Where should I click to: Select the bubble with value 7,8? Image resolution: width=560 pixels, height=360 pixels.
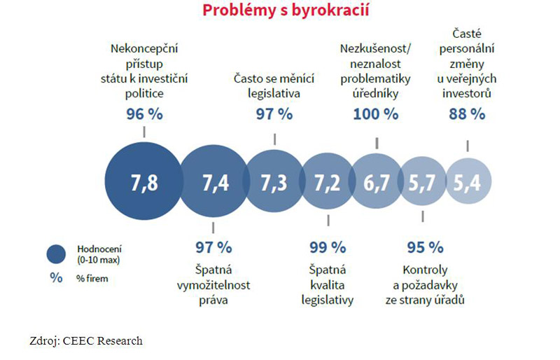point(143,183)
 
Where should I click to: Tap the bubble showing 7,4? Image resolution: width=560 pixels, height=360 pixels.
point(214,183)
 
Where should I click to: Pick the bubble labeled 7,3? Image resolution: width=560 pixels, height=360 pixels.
point(273,183)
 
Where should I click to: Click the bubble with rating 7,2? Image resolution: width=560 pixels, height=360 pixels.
point(327,183)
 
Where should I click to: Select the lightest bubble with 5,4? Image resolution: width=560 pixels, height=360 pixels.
point(468,183)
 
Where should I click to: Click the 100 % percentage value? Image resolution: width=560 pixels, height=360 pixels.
point(376,113)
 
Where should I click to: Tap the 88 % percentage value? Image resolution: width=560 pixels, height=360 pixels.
point(467,113)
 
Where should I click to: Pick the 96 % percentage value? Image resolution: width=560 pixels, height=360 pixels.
point(144,113)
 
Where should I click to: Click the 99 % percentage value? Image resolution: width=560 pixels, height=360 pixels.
point(328,247)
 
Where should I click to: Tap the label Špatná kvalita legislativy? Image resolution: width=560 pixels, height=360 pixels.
point(328,284)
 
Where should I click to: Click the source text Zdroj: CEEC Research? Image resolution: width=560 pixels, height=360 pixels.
point(86,341)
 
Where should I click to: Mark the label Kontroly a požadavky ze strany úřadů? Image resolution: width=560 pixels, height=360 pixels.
point(425,284)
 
